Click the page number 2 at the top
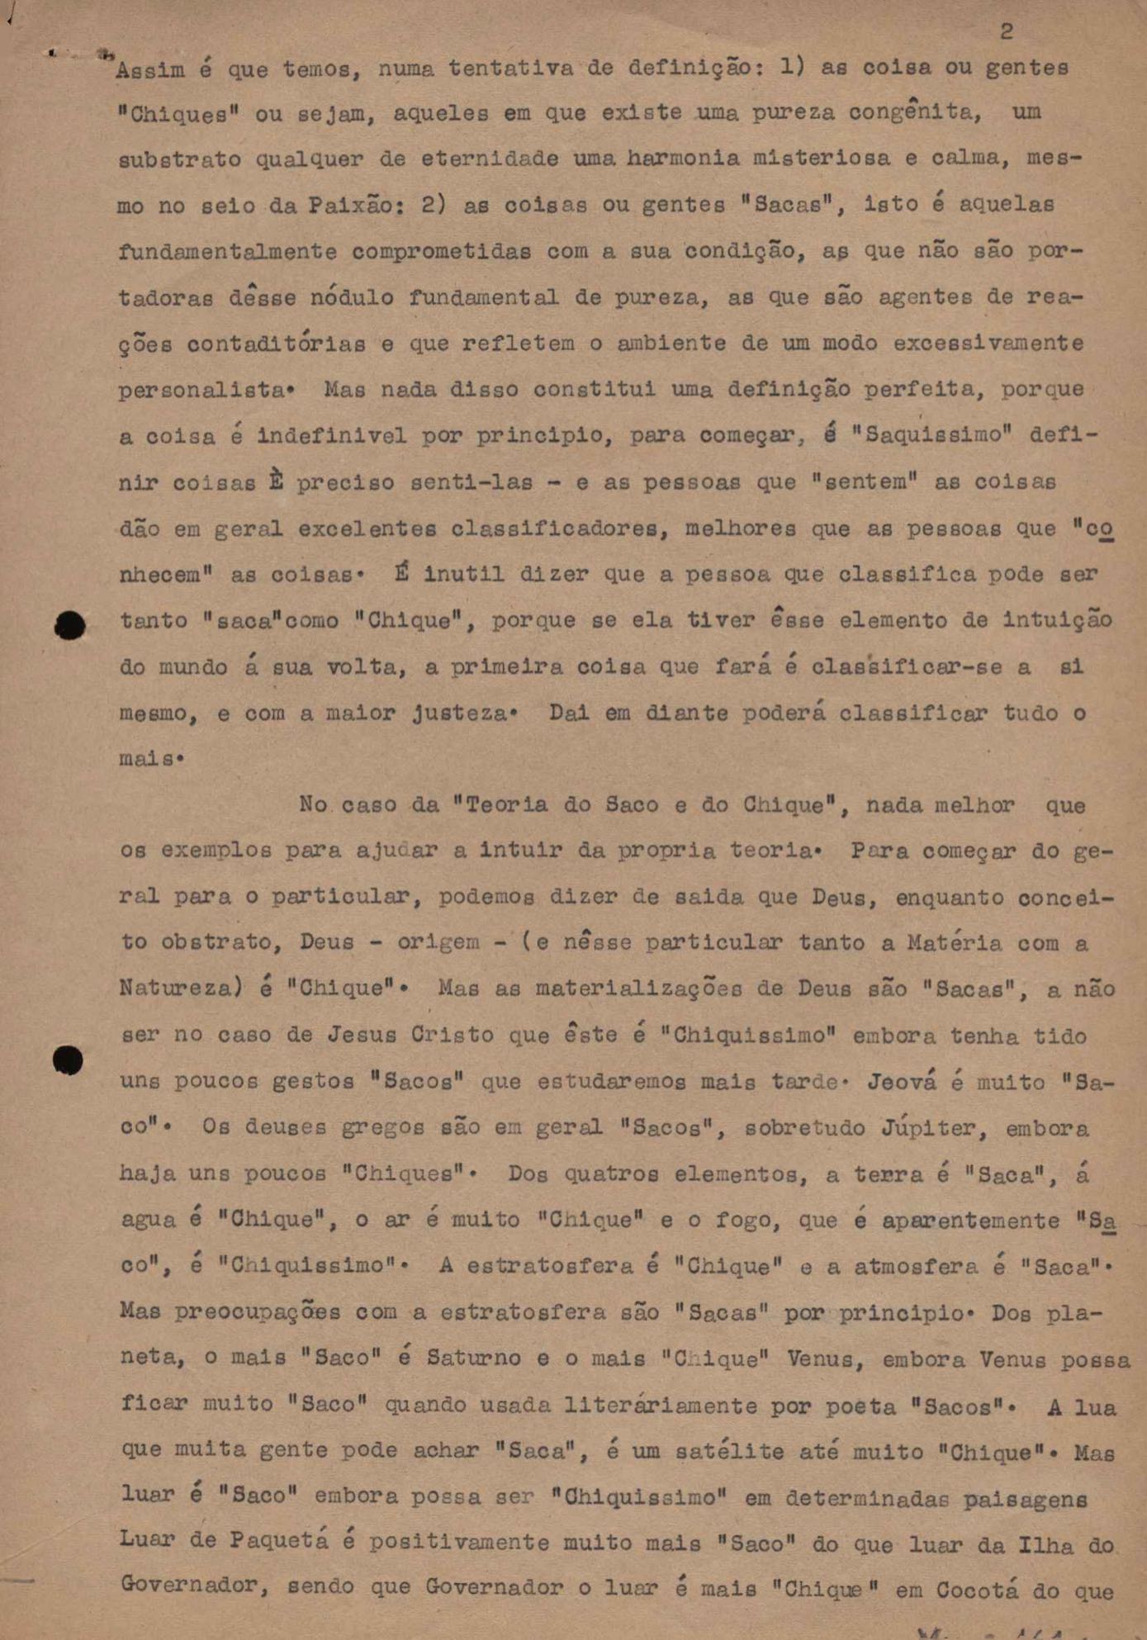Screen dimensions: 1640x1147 pos(1006,32)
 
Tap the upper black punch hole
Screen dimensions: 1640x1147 pos(70,625)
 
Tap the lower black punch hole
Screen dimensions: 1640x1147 pos(68,1059)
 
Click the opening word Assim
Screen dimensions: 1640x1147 pos(150,70)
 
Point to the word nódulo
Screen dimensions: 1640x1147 pos(352,297)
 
